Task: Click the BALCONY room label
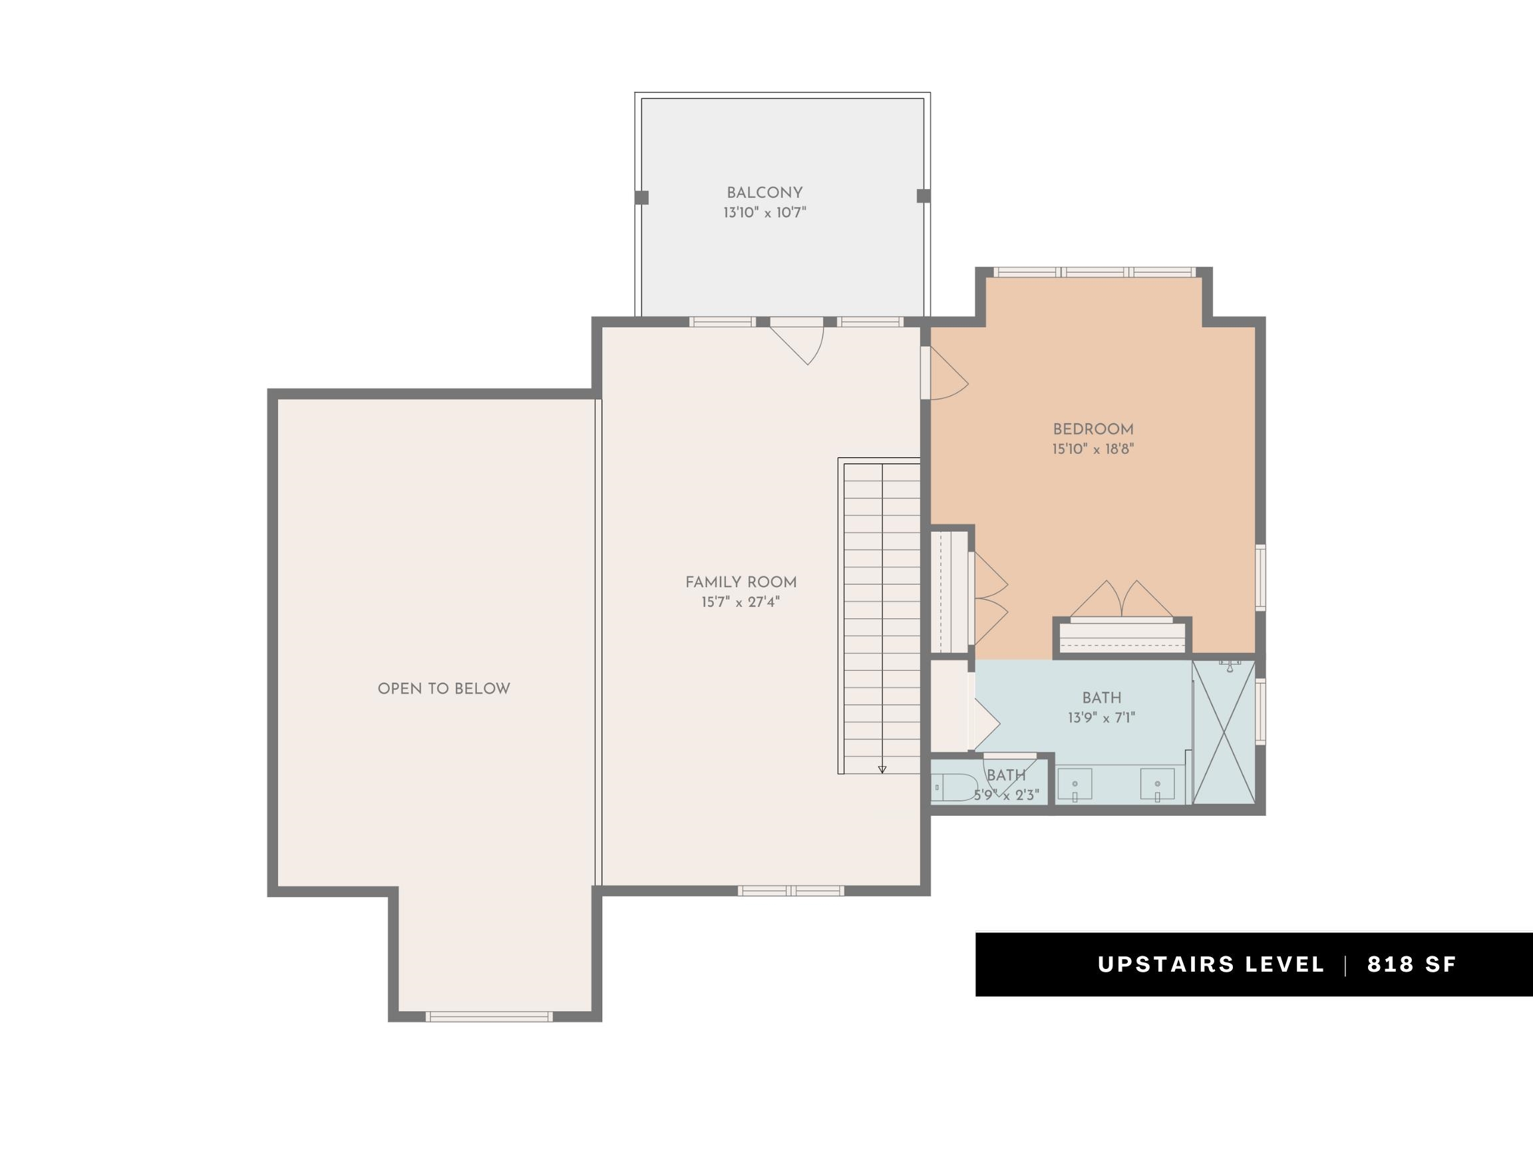pyautogui.click(x=765, y=193)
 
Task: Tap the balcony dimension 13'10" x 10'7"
pyautogui.click(x=765, y=213)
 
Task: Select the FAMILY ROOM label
pyautogui.click(x=741, y=582)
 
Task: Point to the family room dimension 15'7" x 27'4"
pyautogui.click(x=741, y=602)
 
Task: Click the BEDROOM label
pyautogui.click(x=1093, y=429)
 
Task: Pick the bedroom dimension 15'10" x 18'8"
pyautogui.click(x=1093, y=449)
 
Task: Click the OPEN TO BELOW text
pyautogui.click(x=444, y=688)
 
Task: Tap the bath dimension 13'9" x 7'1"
pyautogui.click(x=1101, y=717)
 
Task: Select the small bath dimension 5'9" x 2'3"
pyautogui.click(x=1006, y=795)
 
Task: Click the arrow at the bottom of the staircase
pyautogui.click(x=882, y=769)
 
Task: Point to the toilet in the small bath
pyautogui.click(x=954, y=787)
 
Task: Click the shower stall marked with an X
pyautogui.click(x=1224, y=732)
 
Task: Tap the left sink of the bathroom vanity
pyautogui.click(x=1075, y=784)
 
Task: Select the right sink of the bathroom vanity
pyautogui.click(x=1157, y=784)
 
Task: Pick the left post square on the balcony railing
pyautogui.click(x=642, y=198)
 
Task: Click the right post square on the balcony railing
pyautogui.click(x=924, y=196)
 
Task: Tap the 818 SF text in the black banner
pyautogui.click(x=1412, y=964)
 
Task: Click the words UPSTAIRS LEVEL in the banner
pyautogui.click(x=1211, y=964)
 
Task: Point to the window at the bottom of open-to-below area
pyautogui.click(x=488, y=1017)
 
